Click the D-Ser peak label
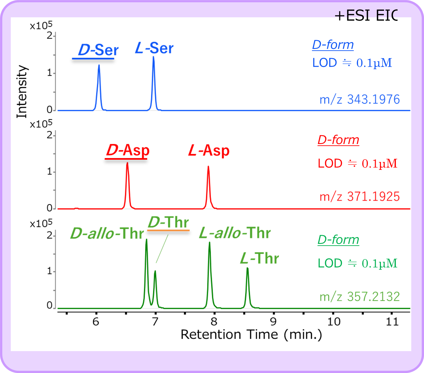point(98,50)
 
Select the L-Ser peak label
point(154,48)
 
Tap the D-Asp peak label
point(128,150)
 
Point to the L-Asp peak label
point(209,151)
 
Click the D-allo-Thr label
point(107,234)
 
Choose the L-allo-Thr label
point(235,233)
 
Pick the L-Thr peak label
point(259,258)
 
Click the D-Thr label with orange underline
point(169,222)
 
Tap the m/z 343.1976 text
point(359,99)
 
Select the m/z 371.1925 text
point(359,197)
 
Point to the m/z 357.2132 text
point(359,297)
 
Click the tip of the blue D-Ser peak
point(99,65)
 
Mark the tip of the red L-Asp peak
point(208,167)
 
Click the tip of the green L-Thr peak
point(247,268)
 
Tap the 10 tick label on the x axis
point(334,322)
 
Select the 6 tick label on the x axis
point(96,322)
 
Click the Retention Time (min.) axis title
point(251,335)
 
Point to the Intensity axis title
point(22,91)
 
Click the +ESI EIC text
point(366,16)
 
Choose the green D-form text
point(338,240)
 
